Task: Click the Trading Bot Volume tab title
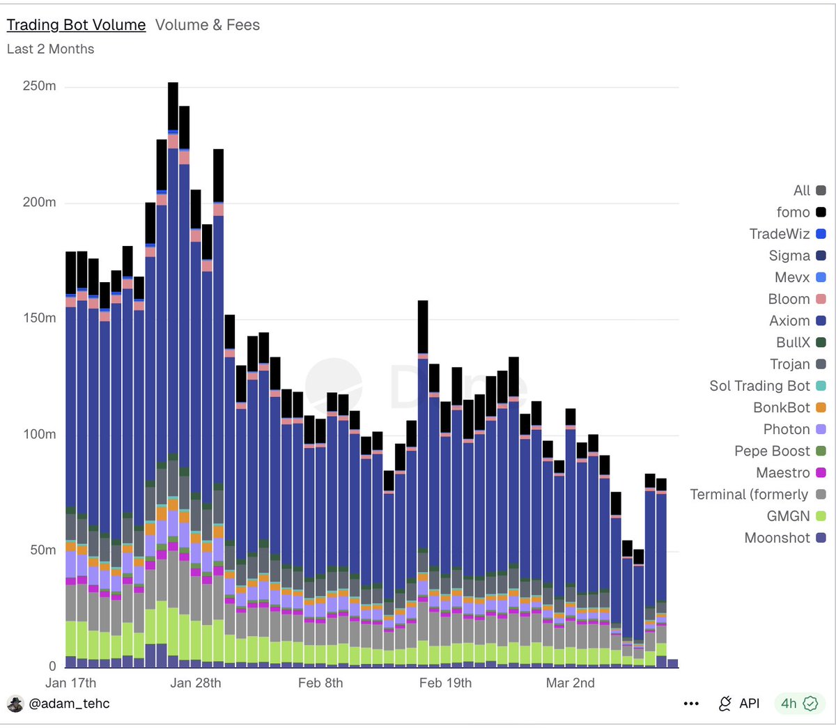[76, 25]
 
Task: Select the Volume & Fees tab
[208, 25]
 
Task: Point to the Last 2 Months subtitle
[51, 49]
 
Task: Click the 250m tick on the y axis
[39, 86]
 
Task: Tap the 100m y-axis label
[39, 434]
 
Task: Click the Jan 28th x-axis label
[195, 683]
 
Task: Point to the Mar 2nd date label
[570, 683]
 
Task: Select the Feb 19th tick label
[445, 683]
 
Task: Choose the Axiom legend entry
[797, 320]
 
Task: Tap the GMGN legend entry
[796, 516]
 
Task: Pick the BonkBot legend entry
[789, 408]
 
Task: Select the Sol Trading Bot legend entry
[767, 386]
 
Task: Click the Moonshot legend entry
[785, 538]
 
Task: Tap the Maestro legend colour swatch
[821, 472]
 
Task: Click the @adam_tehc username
[69, 704]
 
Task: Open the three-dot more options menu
[691, 704]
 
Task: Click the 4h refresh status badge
[800, 704]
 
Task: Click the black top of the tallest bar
[173, 106]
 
